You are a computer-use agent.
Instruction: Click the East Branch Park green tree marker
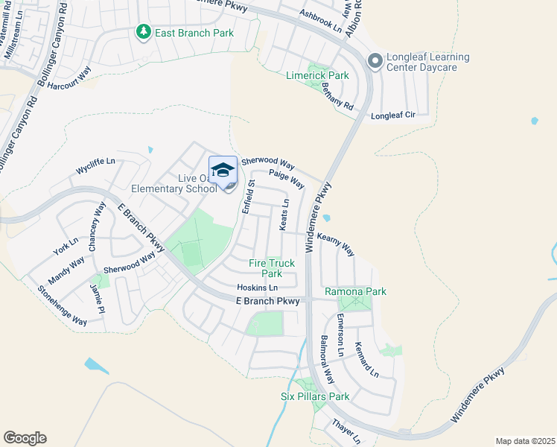(142, 32)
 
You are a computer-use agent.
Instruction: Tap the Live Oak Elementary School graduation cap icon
(223, 171)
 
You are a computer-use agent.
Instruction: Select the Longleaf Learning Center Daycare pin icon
(375, 61)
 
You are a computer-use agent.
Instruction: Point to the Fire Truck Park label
(272, 268)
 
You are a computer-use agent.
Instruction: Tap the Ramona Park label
(355, 291)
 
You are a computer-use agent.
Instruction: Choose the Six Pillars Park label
(314, 396)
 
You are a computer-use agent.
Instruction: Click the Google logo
(24, 437)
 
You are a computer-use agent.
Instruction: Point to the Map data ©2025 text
(524, 441)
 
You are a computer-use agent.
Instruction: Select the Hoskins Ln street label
(257, 288)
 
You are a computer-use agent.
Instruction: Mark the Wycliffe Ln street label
(96, 167)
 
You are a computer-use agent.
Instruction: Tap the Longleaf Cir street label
(392, 115)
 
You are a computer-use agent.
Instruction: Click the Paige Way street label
(287, 178)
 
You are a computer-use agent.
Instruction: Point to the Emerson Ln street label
(340, 333)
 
